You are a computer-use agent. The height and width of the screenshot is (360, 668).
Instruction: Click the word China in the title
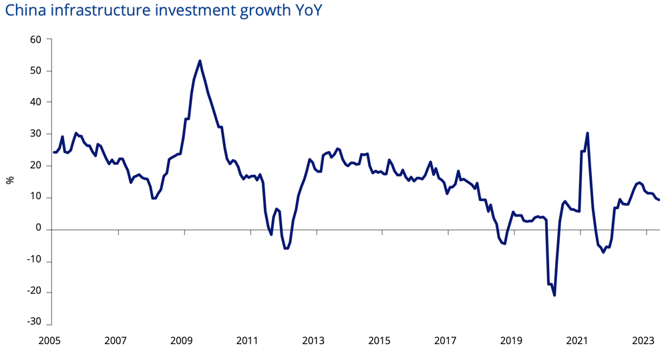tap(25, 10)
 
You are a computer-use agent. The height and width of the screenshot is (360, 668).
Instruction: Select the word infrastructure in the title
tap(100, 10)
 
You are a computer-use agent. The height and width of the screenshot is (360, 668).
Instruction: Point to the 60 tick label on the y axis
tap(36, 39)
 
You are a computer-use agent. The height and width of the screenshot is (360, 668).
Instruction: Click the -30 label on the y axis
tap(34, 322)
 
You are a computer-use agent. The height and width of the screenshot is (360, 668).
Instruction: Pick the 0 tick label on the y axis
tap(39, 228)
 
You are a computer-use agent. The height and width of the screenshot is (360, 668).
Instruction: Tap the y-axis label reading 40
tap(36, 102)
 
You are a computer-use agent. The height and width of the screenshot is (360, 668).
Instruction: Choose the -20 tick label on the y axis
tap(34, 291)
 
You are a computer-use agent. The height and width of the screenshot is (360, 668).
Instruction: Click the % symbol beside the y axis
tap(10, 180)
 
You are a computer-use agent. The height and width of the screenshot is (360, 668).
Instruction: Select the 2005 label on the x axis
tap(49, 341)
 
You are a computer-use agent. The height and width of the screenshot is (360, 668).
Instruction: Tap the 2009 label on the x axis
tap(182, 341)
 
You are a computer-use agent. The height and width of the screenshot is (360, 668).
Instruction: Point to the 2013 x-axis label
tap(313, 341)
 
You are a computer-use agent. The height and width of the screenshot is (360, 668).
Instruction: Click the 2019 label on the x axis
tap(511, 341)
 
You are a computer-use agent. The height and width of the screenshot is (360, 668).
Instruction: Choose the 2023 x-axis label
tap(643, 341)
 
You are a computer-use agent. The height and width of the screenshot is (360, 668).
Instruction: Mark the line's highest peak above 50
tap(200, 61)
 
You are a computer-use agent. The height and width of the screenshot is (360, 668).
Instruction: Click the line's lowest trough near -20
tap(554, 295)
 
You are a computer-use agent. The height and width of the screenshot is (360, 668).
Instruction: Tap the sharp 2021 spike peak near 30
tap(587, 133)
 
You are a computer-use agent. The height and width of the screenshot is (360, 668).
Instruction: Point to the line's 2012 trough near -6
tap(286, 248)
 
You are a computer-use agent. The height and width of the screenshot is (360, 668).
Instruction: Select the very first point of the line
tap(53, 152)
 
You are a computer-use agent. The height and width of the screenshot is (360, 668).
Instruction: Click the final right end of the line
tap(659, 200)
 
